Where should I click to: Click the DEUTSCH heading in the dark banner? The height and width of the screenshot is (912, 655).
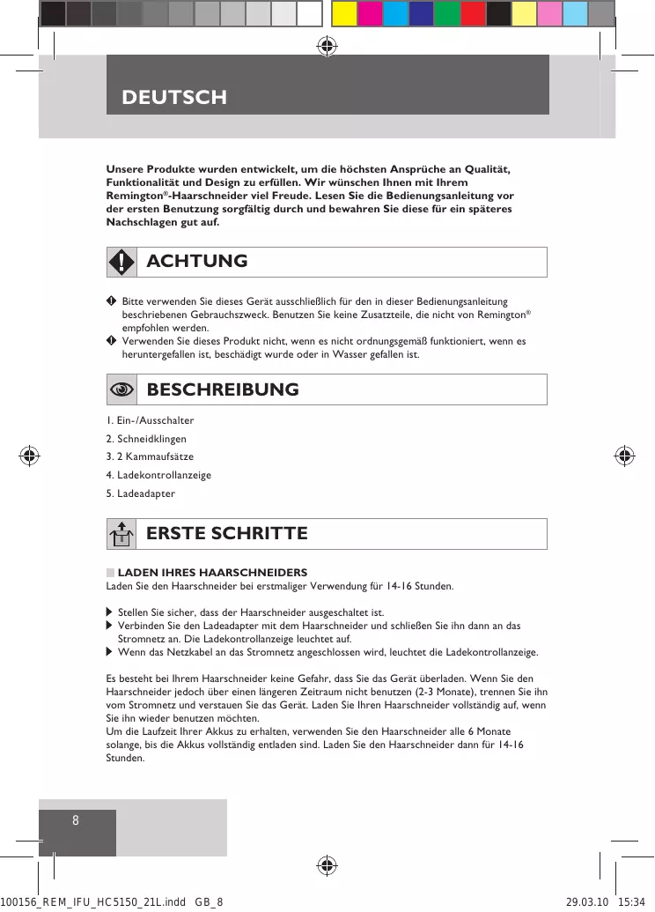(174, 97)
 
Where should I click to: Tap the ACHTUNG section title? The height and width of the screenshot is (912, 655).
(197, 262)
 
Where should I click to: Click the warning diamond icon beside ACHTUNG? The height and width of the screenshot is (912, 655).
(121, 262)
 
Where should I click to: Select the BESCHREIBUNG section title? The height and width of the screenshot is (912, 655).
(223, 389)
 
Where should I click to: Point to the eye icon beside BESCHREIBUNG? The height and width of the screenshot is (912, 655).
(121, 389)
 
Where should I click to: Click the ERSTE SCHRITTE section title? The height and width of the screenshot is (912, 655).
(227, 534)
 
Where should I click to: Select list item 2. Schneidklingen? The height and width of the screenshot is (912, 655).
(146, 439)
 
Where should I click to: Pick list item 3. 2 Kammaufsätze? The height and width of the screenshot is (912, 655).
(150, 456)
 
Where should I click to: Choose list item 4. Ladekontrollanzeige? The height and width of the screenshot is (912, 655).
(158, 475)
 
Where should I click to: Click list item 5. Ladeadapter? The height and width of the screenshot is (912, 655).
(141, 493)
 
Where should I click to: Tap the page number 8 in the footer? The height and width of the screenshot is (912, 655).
(76, 820)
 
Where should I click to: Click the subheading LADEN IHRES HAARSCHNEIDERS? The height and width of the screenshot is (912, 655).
(211, 573)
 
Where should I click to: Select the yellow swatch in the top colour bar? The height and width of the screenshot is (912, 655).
(344, 13)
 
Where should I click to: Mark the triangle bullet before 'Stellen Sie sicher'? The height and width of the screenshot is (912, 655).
(109, 612)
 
